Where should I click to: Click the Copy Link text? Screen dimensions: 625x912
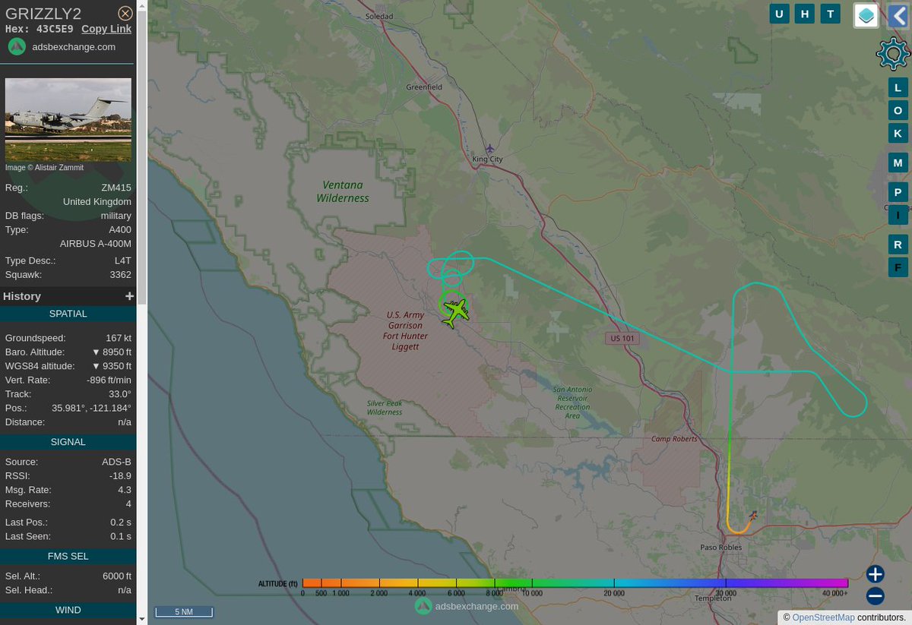pos(106,29)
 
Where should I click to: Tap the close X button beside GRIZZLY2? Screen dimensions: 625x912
pos(125,14)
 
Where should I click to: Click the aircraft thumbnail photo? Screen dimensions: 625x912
pos(68,119)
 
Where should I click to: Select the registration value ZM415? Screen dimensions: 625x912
pos(116,188)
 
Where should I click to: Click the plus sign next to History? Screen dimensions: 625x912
pos(129,296)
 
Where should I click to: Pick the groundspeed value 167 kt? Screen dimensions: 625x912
pos(118,338)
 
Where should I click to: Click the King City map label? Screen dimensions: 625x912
pos(487,159)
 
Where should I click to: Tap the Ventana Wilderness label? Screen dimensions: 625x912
pos(343,191)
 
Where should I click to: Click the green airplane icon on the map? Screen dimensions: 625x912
pos(454,312)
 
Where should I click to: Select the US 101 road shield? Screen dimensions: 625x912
pos(622,338)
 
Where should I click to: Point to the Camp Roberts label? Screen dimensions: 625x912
pos(673,439)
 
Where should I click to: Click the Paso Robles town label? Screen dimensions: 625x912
pos(720,547)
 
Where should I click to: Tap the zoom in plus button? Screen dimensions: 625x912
pos(875,574)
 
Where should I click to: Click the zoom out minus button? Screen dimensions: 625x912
pos(875,595)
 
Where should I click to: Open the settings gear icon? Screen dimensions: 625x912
pos(892,54)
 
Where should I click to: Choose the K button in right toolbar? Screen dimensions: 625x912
pos(898,134)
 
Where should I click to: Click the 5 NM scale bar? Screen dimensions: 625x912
pos(183,611)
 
